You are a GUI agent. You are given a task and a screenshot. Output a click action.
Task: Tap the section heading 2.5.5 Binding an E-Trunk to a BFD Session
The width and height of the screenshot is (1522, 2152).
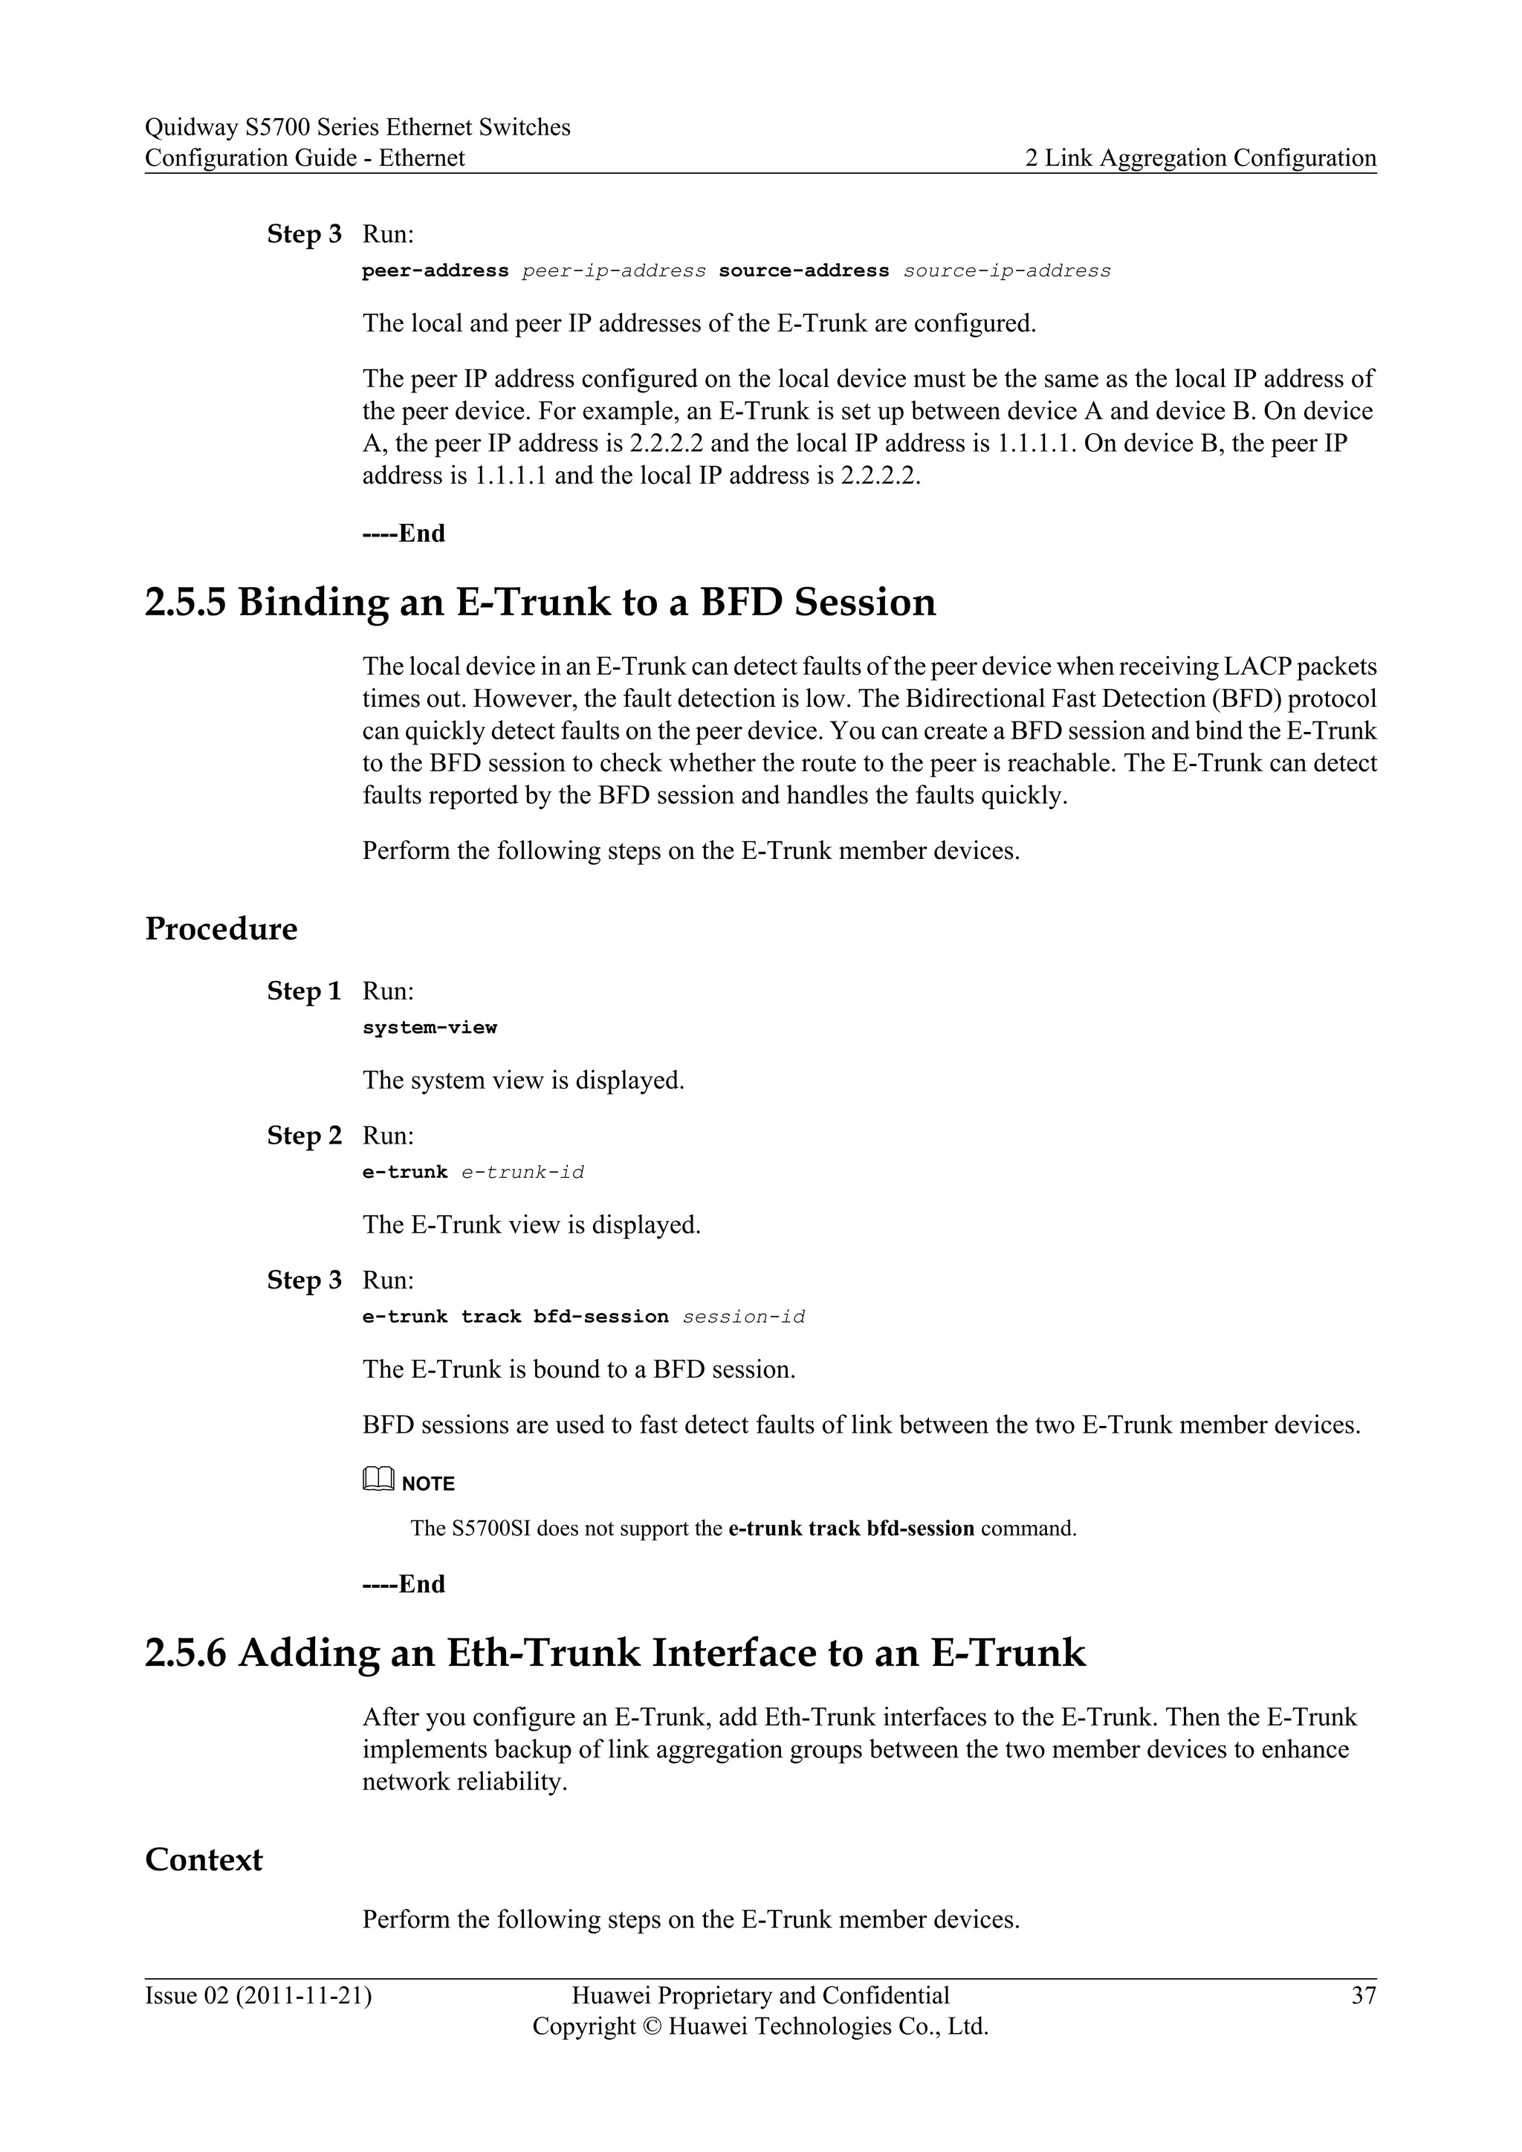[x=540, y=602]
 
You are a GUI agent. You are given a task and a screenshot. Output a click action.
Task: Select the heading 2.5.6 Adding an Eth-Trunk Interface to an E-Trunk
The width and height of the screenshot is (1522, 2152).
[x=615, y=1653]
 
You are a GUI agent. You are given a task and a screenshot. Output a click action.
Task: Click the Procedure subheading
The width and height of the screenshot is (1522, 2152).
[x=221, y=929]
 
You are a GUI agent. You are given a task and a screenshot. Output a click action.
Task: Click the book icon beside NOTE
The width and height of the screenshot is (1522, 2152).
[x=378, y=1481]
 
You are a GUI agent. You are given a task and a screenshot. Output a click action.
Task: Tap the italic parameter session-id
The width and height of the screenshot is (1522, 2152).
[x=743, y=1317]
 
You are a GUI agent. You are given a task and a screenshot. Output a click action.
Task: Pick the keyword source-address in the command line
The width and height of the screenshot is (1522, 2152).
[x=803, y=271]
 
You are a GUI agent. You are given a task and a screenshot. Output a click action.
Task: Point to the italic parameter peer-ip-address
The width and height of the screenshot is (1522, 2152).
[x=613, y=271]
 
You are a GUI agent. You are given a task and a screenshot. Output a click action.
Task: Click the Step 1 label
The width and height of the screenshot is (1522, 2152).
[x=304, y=991]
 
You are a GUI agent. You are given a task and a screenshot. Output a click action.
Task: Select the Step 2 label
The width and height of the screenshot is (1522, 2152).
[x=304, y=1136]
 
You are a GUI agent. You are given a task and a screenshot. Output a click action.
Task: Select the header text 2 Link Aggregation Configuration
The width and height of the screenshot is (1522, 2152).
[x=1200, y=158]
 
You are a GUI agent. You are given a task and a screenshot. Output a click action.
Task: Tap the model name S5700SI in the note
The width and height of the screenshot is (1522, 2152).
[x=485, y=1529]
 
